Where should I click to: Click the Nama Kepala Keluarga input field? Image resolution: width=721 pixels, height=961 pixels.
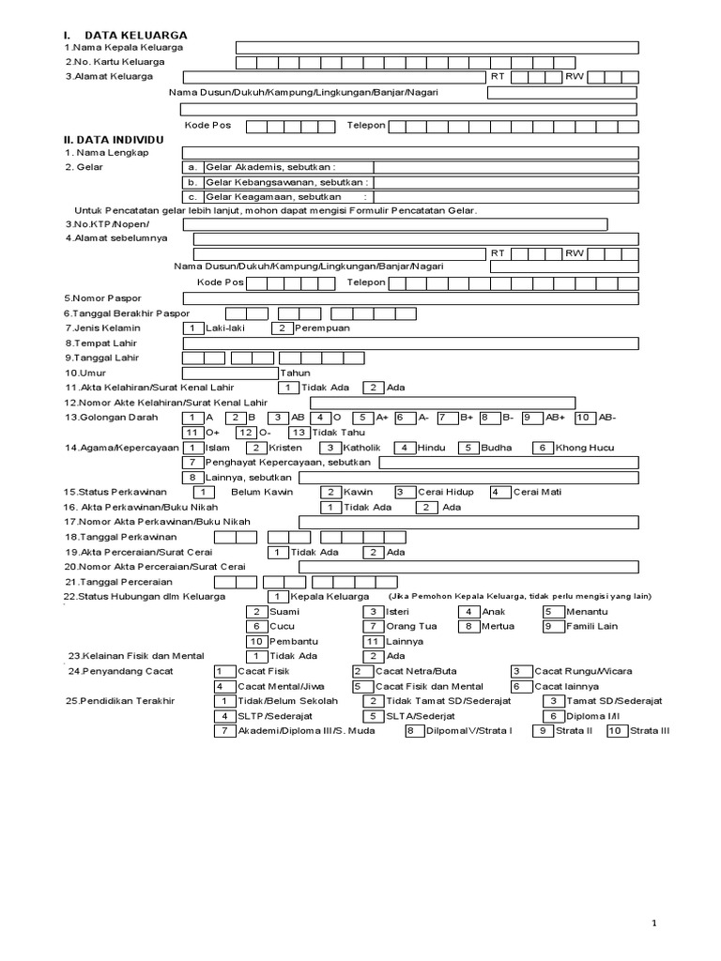(x=437, y=48)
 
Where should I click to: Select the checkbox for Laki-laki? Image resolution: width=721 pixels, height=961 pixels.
(x=192, y=328)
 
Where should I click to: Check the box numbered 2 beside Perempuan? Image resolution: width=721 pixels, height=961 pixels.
(x=282, y=328)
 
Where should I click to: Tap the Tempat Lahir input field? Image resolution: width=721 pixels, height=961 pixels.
(x=410, y=343)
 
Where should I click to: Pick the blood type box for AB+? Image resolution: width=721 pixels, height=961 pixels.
(x=531, y=418)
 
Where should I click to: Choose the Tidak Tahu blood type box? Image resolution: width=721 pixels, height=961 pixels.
(x=299, y=433)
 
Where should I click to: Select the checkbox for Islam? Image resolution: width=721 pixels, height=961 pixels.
(x=192, y=448)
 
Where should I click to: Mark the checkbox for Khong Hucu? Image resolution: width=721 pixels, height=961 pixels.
(x=543, y=448)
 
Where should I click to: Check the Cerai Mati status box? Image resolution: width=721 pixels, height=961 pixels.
(x=499, y=492)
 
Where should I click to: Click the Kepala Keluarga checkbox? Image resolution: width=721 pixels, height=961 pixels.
(x=278, y=597)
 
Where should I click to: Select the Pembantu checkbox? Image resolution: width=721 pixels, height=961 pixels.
(x=258, y=641)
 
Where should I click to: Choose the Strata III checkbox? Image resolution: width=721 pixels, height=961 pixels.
(x=617, y=731)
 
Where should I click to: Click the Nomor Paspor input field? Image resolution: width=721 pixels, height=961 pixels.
(x=410, y=298)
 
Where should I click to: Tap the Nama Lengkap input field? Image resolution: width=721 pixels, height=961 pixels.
(x=410, y=152)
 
